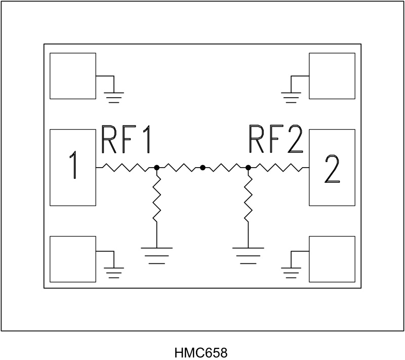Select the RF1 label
pos(126,139)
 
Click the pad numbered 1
pos(73,167)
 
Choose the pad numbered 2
pos(332,167)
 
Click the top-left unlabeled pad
pos(73,76)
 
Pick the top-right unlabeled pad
pos(332,76)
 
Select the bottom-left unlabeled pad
pos(73,259)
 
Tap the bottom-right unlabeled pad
pos(332,259)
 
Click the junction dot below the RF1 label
pos(157,167)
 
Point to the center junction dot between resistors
pos(202,167)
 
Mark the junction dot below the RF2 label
pos(248,167)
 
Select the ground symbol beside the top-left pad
pos(114,96)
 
